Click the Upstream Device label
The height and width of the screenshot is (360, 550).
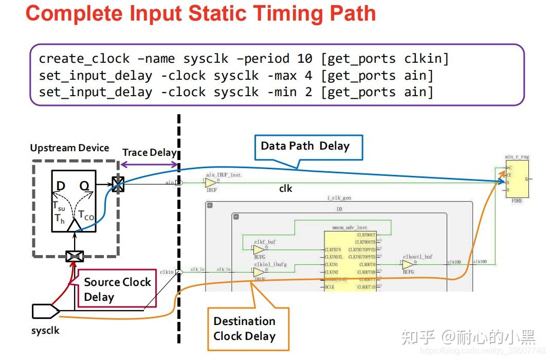coord(69,148)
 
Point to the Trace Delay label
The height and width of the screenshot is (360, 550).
coord(149,153)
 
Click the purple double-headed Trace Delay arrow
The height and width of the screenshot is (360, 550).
coord(149,165)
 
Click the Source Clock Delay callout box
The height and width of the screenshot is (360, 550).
coord(117,289)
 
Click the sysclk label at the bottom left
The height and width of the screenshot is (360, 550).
coord(45,331)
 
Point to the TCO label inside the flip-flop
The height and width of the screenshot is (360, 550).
coord(85,215)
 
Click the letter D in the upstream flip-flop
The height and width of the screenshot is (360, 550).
coord(61,186)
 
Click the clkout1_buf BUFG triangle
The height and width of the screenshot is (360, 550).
coord(408,265)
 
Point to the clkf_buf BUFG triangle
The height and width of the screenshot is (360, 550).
coord(259,249)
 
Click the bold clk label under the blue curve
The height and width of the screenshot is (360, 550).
coord(285,189)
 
